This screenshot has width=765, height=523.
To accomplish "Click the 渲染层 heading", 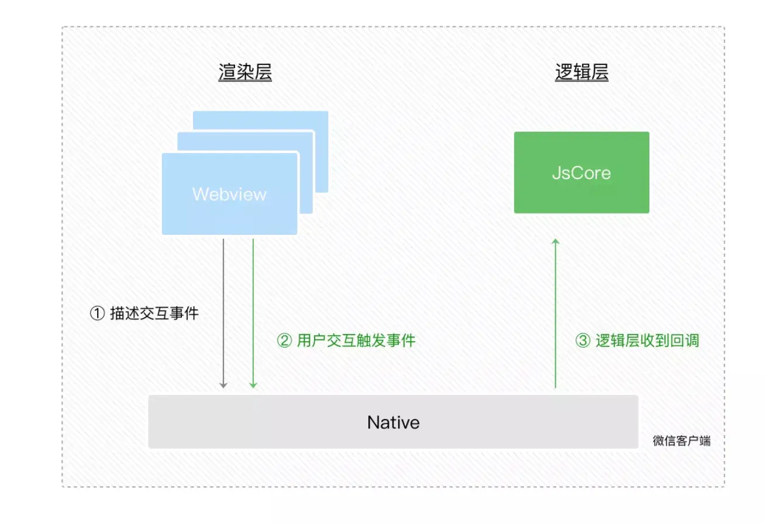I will tap(244, 73).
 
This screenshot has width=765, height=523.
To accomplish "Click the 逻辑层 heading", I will tap(581, 73).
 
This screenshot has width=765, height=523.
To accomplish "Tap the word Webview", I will tap(229, 194).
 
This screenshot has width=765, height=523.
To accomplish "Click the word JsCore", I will tap(581, 173).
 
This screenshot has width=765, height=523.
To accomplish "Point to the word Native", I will tap(393, 422).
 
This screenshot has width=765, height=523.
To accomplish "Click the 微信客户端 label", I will tap(681, 441).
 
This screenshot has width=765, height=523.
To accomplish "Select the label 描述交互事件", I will tap(154, 314).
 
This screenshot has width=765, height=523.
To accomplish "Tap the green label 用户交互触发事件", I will tap(356, 340).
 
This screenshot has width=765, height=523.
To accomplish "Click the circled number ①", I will tap(97, 314).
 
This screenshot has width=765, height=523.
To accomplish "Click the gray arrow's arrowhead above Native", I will tap(223, 384).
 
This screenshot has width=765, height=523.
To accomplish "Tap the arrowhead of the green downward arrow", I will tap(253, 384).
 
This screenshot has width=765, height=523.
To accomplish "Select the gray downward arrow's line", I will tap(223, 310).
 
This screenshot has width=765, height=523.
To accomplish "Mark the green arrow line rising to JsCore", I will tap(556, 316).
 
